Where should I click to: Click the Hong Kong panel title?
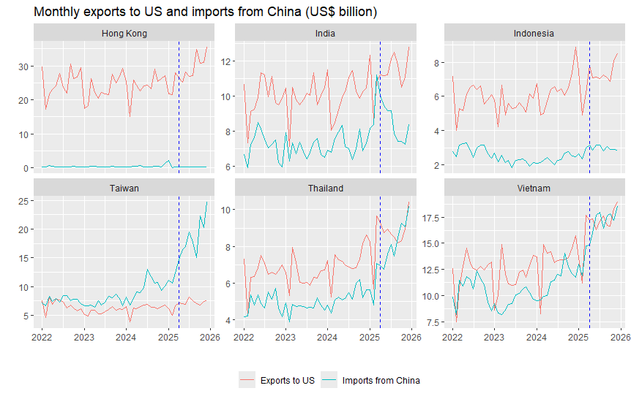point(124,34)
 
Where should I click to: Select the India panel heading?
point(325,34)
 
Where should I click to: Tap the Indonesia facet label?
point(534,34)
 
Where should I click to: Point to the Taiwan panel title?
point(124,188)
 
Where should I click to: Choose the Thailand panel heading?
point(326,188)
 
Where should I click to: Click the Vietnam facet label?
point(534,188)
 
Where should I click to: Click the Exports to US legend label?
point(288,381)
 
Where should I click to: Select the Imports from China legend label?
point(381,381)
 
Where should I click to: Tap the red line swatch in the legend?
point(247,380)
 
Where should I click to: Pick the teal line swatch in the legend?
point(329,380)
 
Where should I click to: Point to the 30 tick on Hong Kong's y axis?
point(23,66)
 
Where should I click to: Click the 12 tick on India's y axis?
point(225,61)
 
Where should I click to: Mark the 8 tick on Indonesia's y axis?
point(436,63)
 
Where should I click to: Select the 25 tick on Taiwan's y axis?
point(23,201)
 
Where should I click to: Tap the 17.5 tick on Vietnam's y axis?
point(430,218)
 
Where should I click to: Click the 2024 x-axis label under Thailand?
point(327,337)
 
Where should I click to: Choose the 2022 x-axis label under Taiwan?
point(42,337)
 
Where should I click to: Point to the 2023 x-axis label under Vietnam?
point(494,337)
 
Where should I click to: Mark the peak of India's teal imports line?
point(377,75)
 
